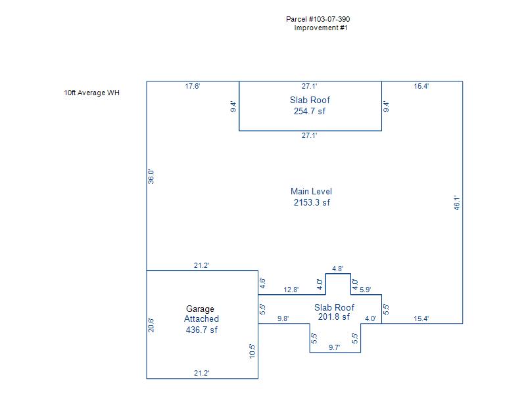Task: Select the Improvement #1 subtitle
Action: click(x=321, y=28)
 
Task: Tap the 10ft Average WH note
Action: click(x=92, y=93)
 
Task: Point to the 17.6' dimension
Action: click(x=193, y=86)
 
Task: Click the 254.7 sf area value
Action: click(x=310, y=111)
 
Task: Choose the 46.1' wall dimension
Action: click(x=458, y=202)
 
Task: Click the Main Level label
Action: click(x=312, y=192)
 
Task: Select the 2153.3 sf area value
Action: click(x=312, y=203)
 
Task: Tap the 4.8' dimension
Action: click(x=338, y=269)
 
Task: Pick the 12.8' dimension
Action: click(x=291, y=290)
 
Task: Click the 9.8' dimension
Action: click(x=283, y=318)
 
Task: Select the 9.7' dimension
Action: click(x=335, y=348)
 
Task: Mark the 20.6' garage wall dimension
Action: click(x=151, y=325)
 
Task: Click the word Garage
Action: click(x=200, y=309)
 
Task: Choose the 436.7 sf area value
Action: click(x=202, y=330)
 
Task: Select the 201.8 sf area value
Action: click(x=334, y=317)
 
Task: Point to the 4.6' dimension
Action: click(x=263, y=284)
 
